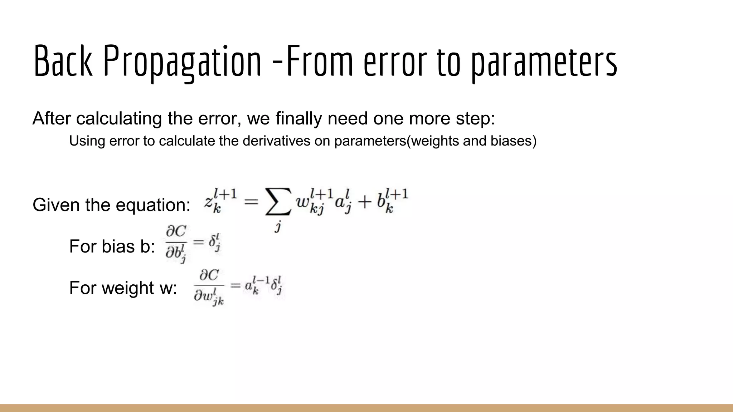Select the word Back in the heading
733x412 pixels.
pyautogui.click(x=63, y=61)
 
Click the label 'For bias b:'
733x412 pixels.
pyautogui.click(x=112, y=246)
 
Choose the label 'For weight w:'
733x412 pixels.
pyautogui.click(x=123, y=288)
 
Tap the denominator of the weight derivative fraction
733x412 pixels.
pyautogui.click(x=209, y=297)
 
